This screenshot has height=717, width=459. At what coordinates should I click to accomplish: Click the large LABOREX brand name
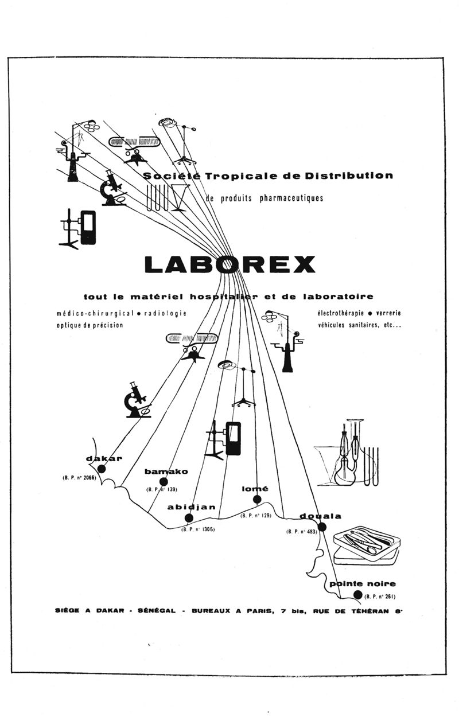229,264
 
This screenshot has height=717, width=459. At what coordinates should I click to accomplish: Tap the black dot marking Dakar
102,469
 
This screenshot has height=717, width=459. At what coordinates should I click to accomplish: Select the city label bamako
166,471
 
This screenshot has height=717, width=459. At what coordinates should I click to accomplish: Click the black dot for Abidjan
189,518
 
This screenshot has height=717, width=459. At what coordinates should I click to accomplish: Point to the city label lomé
255,489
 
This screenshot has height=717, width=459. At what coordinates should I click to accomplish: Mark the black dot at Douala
322,527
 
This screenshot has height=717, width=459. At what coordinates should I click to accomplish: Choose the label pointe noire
362,584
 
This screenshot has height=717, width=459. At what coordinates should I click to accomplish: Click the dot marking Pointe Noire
358,595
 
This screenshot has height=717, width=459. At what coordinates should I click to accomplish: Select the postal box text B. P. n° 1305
198,529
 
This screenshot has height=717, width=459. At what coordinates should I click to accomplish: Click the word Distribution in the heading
349,175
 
